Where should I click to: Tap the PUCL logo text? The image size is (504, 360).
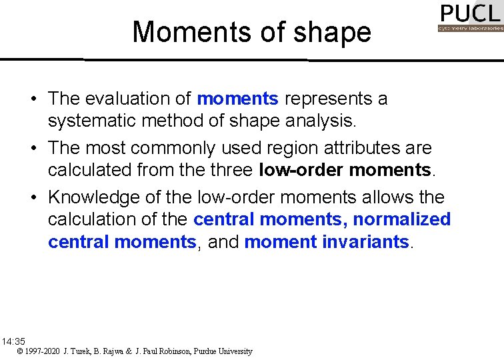(470, 13)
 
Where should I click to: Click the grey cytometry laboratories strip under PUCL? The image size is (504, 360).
(470, 29)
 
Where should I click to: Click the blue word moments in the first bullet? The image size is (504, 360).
(238, 99)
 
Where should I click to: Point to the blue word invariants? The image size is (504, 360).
(366, 242)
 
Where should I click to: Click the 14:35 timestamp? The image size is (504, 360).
(13, 341)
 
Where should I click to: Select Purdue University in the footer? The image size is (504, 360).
(223, 351)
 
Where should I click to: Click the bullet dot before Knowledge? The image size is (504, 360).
(33, 197)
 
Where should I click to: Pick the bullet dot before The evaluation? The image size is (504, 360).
(33, 99)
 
